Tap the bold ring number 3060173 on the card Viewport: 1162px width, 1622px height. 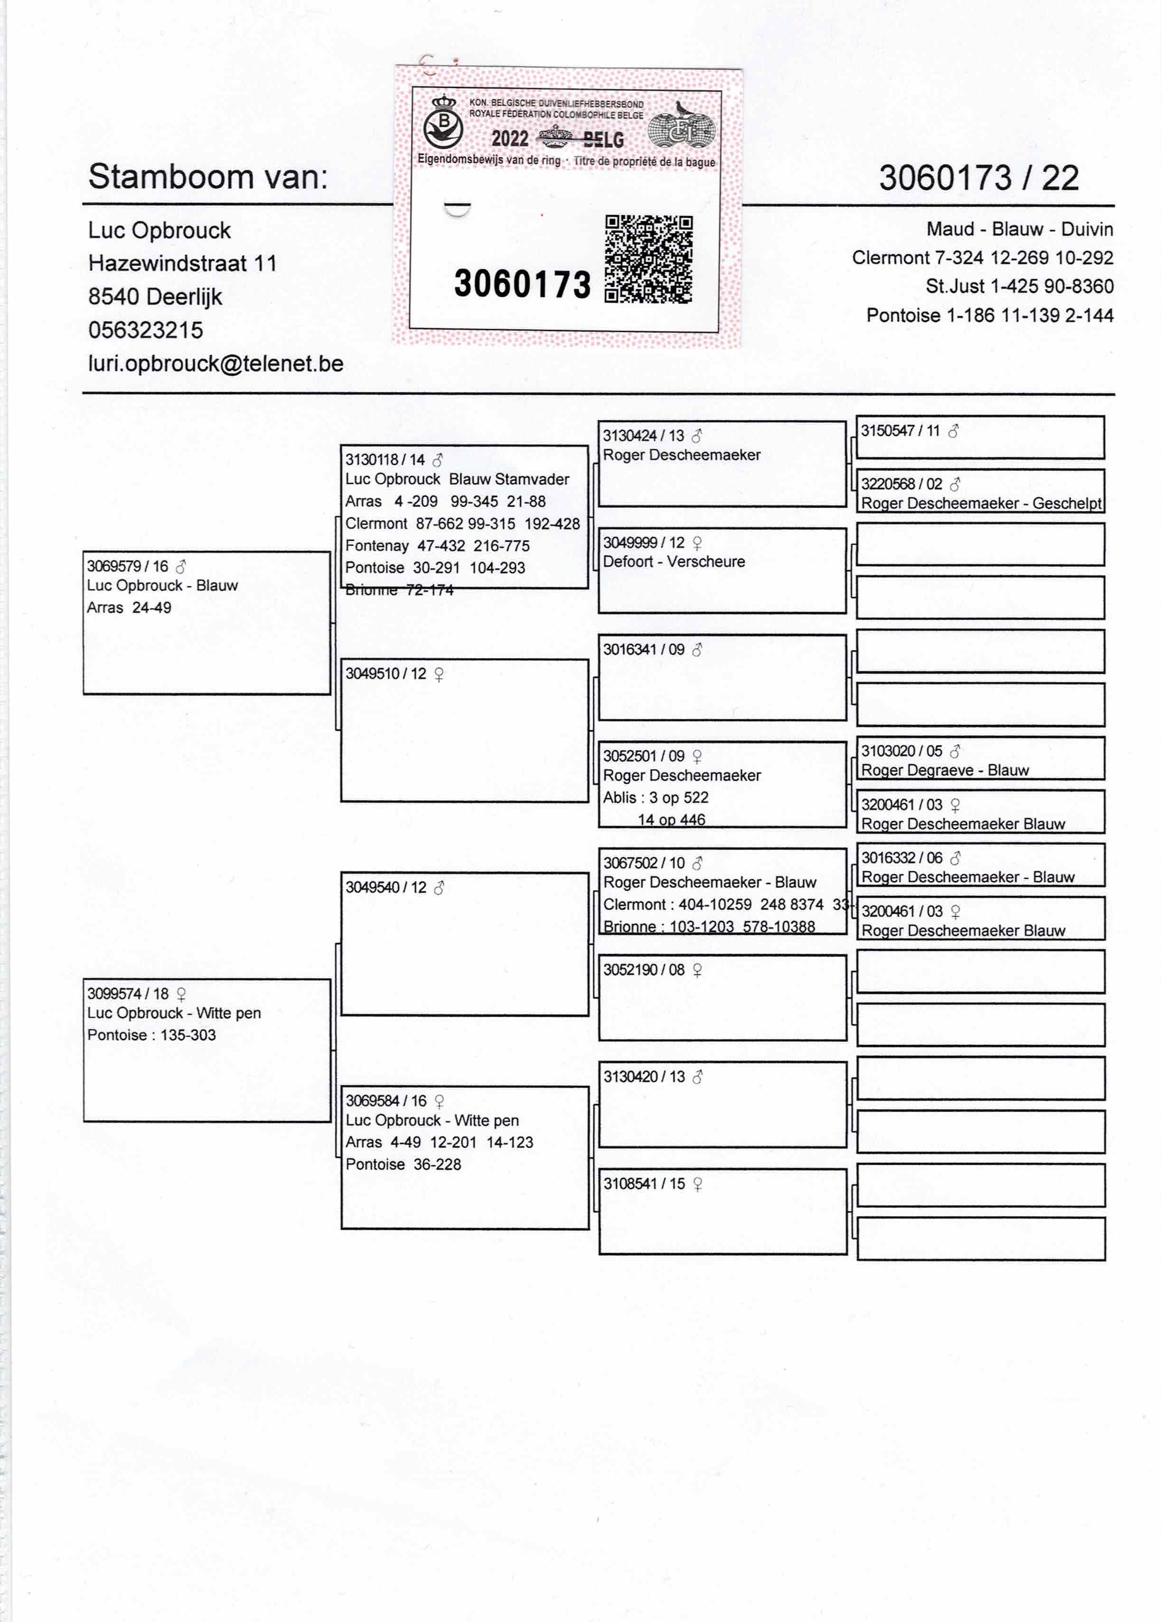pyautogui.click(x=522, y=284)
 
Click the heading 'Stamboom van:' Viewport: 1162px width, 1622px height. pyautogui.click(x=208, y=177)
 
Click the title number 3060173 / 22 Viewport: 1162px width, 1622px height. pyautogui.click(x=978, y=178)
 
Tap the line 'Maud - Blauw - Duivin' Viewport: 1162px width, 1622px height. pyautogui.click(x=1019, y=229)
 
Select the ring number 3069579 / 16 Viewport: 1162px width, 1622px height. pyautogui.click(x=127, y=566)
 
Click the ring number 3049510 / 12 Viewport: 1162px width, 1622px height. pyautogui.click(x=385, y=674)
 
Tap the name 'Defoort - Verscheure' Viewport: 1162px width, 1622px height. pyautogui.click(x=674, y=561)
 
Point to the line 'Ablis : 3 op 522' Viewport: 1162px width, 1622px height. pyautogui.click(x=655, y=797)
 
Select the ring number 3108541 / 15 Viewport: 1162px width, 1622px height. pyautogui.click(x=644, y=1184)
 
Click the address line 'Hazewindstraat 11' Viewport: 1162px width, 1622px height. pyautogui.click(x=182, y=263)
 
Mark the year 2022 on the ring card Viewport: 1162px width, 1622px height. pyautogui.click(x=509, y=139)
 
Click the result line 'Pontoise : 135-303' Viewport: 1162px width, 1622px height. pyautogui.click(x=151, y=1035)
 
